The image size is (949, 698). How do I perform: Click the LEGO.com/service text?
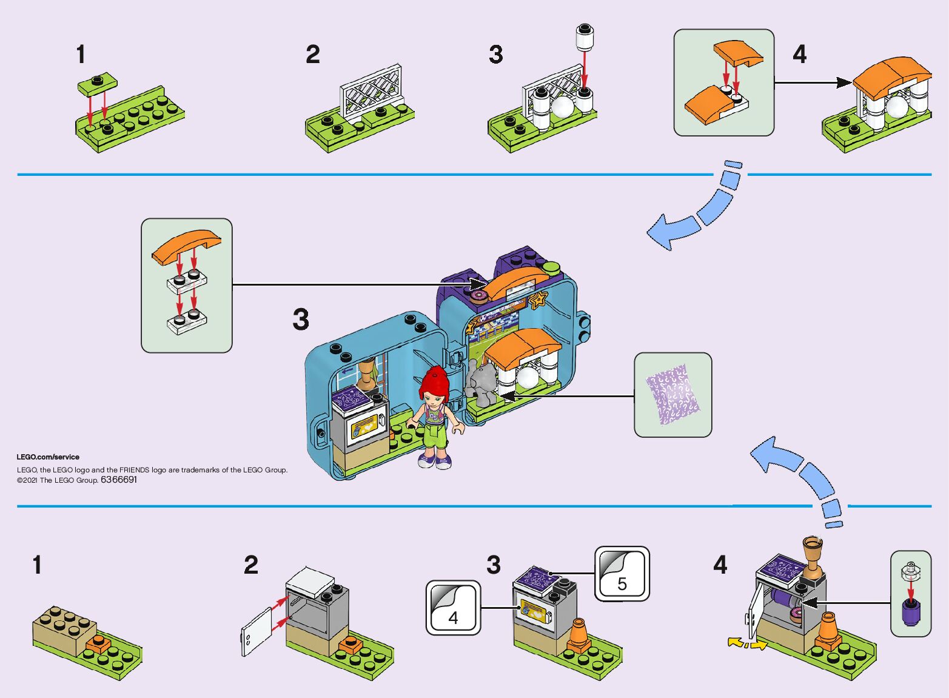(48, 457)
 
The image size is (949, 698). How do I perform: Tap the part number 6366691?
(119, 480)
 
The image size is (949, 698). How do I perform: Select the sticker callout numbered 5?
(622, 574)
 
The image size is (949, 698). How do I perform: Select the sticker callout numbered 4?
(453, 608)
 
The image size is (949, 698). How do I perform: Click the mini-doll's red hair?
(434, 382)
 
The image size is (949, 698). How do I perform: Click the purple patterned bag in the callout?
(672, 394)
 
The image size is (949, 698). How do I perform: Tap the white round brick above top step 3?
(585, 38)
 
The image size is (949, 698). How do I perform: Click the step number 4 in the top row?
(800, 55)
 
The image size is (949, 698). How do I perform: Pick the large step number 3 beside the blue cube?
(301, 320)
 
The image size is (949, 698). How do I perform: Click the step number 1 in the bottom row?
(38, 565)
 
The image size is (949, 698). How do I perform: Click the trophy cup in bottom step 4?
(813, 555)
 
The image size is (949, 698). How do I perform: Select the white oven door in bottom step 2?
(255, 631)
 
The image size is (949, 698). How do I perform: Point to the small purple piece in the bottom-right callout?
(910, 612)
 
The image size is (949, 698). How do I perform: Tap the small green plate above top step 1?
(97, 84)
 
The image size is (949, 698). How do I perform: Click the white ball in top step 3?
(563, 107)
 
